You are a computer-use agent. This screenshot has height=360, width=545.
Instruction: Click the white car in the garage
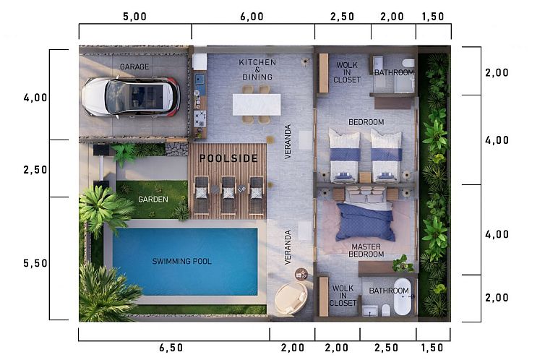[x=132, y=97]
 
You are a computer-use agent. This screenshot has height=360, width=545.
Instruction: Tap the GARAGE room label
[x=134, y=67]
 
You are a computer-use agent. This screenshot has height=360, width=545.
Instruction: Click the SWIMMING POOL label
[x=181, y=261]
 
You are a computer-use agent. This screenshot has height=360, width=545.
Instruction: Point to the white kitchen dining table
[x=257, y=104]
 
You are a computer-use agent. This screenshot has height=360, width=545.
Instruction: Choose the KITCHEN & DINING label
[x=257, y=70]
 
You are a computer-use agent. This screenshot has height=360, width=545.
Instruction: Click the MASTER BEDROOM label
[x=366, y=250]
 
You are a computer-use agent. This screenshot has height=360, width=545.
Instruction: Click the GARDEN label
[x=153, y=199]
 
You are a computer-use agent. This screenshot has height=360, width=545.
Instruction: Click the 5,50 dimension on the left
[x=35, y=263]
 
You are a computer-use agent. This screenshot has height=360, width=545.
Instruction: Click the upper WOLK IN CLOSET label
[x=347, y=72]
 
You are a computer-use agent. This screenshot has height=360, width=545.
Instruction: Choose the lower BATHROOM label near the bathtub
[x=389, y=291]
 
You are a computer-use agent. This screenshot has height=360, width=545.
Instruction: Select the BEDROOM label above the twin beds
[x=366, y=122]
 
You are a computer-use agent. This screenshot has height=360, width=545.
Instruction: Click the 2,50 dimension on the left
[x=35, y=169]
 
